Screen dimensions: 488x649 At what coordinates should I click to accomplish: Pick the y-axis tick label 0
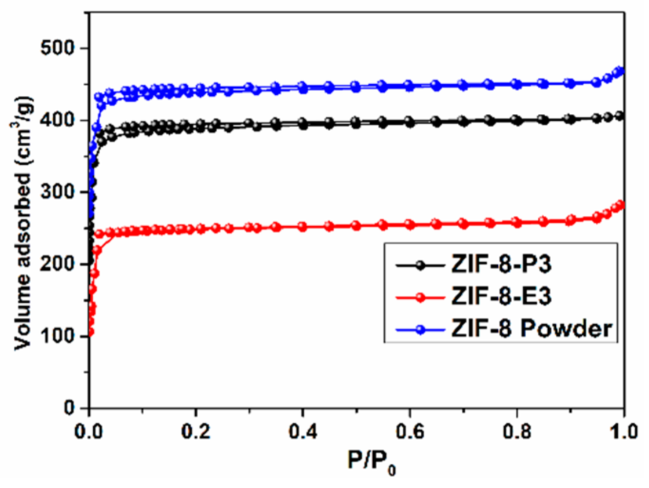tap(69, 408)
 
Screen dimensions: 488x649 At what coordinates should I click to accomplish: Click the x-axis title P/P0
tap(371, 461)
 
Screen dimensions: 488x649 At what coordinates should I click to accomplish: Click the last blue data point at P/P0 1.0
tap(620, 71)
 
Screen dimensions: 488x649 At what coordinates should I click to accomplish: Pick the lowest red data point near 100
tap(90, 332)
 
